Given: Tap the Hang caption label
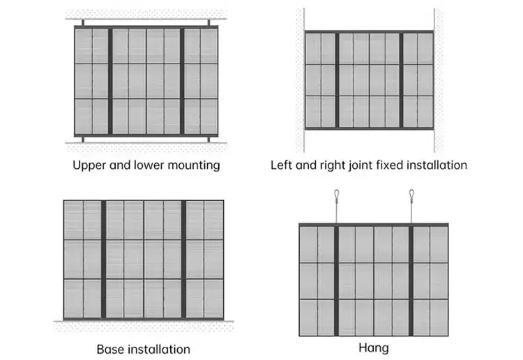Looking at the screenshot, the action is pos(374,348).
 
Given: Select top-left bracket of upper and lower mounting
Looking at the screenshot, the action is pos(83,23).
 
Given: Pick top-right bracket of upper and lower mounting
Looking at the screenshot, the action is pos(209,23).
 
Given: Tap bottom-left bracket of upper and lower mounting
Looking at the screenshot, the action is pos(83,139).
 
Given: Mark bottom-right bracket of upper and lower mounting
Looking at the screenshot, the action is pos(209,139).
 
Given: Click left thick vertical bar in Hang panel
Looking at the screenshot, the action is pos(336,280).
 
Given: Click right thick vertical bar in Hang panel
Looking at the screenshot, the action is pos(411,280).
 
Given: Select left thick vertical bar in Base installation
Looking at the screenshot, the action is pos(103,260).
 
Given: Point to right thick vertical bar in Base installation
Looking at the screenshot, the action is pos(183,260).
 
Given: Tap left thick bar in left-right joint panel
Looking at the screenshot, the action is pos(337,80).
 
